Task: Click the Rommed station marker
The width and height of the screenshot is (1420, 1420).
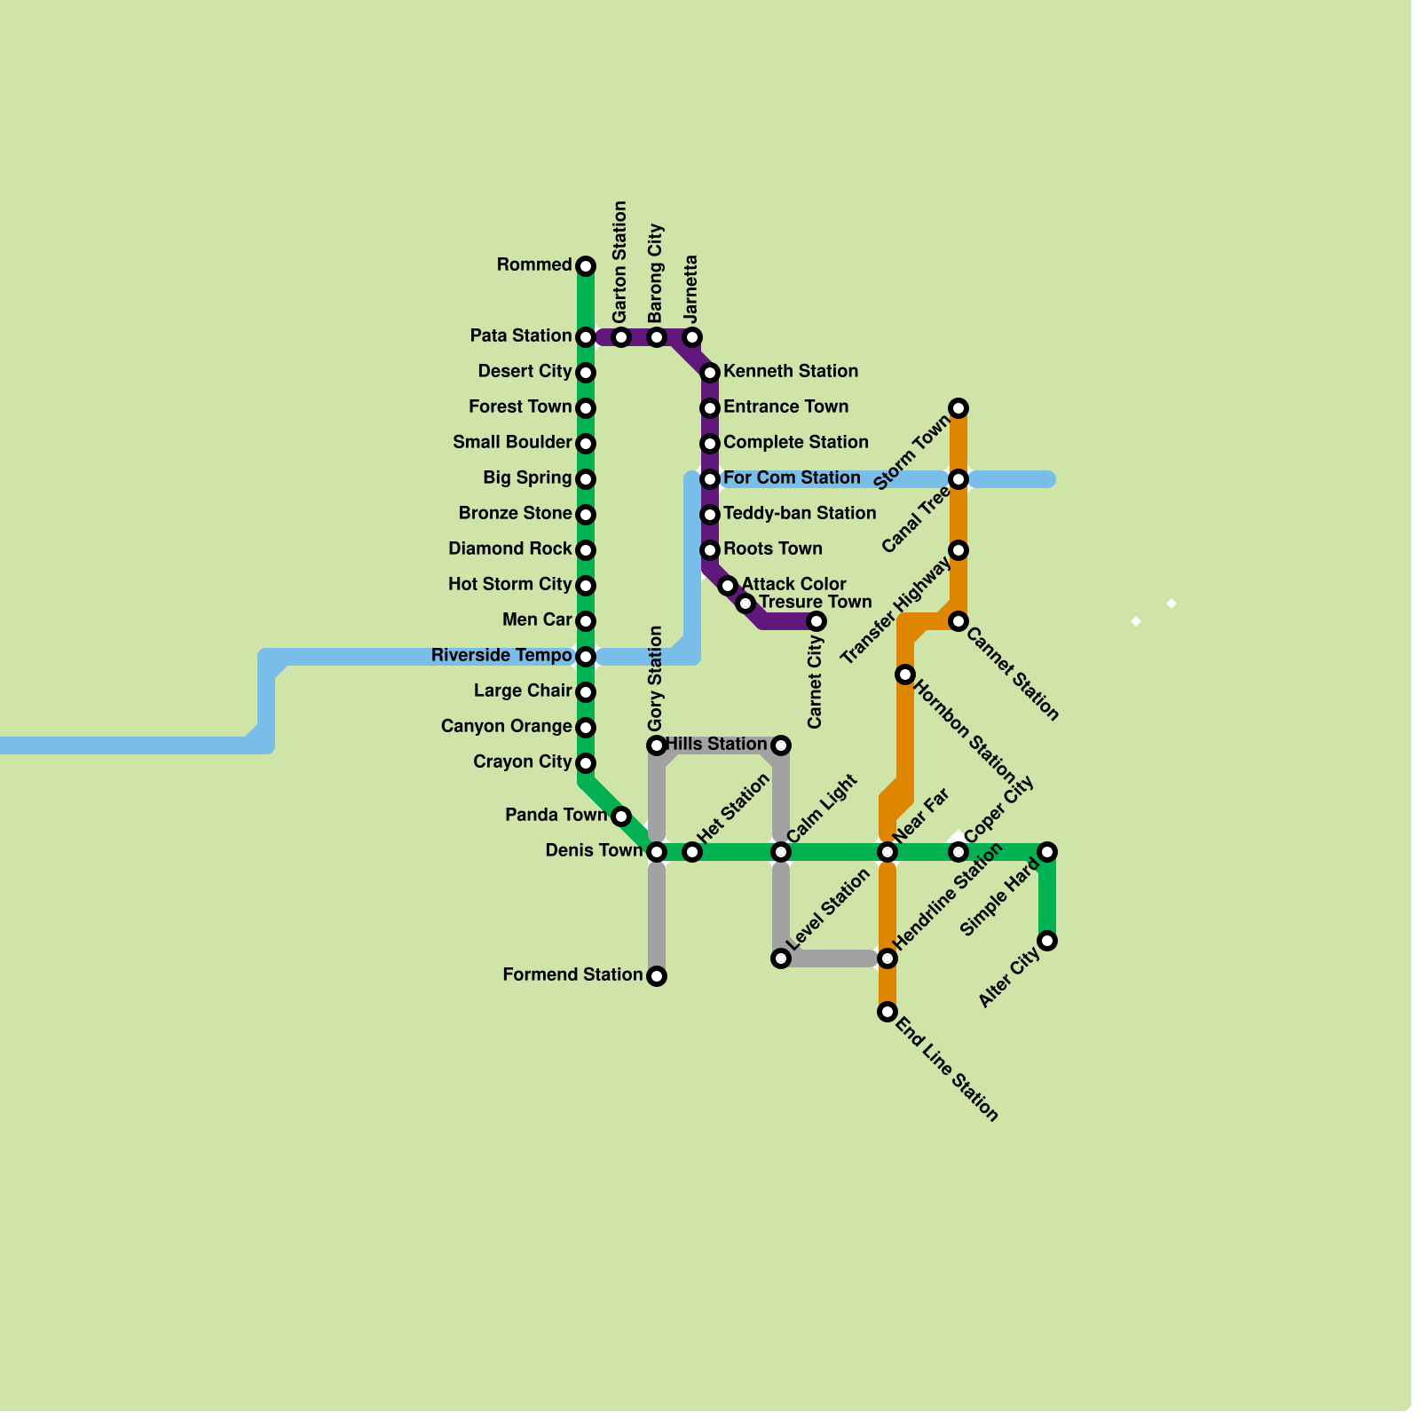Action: (586, 266)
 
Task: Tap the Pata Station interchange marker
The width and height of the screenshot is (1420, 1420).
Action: (586, 337)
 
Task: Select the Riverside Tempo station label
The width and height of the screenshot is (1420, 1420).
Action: (501, 656)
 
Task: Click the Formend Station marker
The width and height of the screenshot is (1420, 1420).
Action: (657, 976)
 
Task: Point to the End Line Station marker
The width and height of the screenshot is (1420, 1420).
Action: (887, 1012)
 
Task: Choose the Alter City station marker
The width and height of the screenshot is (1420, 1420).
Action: (1047, 941)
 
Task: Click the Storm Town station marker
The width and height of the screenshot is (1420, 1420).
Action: (958, 408)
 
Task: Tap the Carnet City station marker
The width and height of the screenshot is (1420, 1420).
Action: (816, 621)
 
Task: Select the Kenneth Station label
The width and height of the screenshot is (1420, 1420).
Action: (790, 372)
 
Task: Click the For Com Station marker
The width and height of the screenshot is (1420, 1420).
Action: (710, 479)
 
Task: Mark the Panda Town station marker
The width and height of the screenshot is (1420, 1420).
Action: (621, 816)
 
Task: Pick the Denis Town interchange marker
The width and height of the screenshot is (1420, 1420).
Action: (657, 852)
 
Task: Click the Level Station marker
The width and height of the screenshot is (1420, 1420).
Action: (781, 958)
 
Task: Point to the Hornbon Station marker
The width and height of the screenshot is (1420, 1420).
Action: (905, 674)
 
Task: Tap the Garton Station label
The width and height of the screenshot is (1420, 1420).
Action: (620, 262)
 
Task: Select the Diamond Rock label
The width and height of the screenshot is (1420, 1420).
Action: (509, 549)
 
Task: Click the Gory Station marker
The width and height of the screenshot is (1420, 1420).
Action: (657, 745)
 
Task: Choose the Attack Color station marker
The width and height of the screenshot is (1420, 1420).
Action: (728, 586)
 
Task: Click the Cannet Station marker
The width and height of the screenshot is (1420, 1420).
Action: (958, 621)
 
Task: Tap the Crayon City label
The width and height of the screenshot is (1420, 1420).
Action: (522, 762)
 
